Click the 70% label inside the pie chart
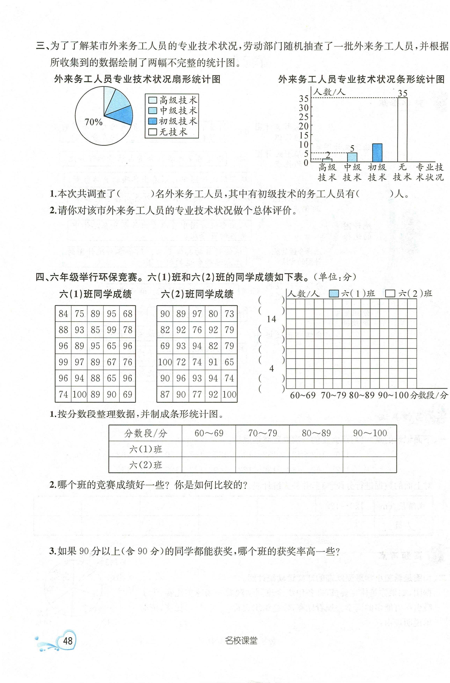click(x=94, y=122)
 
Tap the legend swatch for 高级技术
click(x=152, y=100)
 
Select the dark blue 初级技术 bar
click(x=377, y=153)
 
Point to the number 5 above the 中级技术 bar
click(x=352, y=149)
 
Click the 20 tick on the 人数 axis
click(x=304, y=126)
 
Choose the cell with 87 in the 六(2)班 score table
click(x=165, y=394)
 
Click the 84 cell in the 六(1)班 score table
click(x=63, y=314)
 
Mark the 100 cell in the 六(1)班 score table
click(x=79, y=394)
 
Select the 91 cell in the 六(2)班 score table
click(x=213, y=362)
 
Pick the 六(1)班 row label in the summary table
click(x=146, y=449)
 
